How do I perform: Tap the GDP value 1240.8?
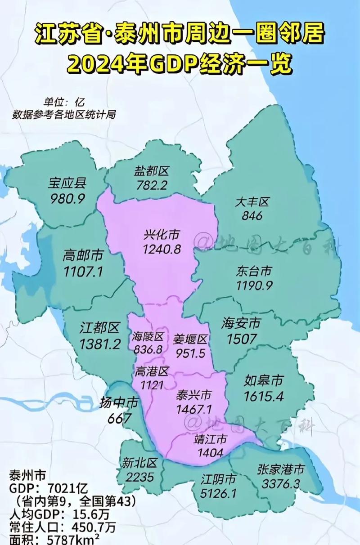pyautogui.click(x=162, y=249)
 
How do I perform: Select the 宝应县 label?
pyautogui.click(x=67, y=183)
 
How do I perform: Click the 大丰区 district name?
pyautogui.click(x=252, y=202)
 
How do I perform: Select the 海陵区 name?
pyautogui.click(x=148, y=336)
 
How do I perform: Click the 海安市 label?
pyautogui.click(x=241, y=322)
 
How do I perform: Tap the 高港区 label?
pyautogui.click(x=151, y=371)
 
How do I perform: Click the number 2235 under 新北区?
pyautogui.click(x=139, y=477)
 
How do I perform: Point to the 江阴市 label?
pyautogui.click(x=218, y=479)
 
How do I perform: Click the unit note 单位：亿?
pyautogui.click(x=64, y=102)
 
